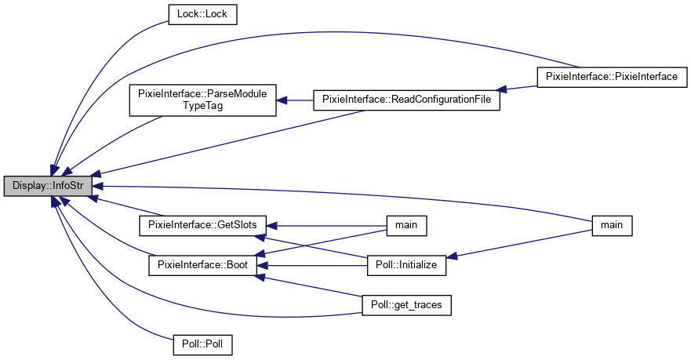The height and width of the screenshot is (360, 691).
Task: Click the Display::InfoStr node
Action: [48, 187]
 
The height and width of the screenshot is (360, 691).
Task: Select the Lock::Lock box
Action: [202, 13]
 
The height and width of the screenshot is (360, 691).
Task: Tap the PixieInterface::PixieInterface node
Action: [612, 76]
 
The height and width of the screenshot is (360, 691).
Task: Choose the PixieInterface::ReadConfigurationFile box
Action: [406, 100]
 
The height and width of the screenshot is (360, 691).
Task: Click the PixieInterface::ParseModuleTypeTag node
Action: [202, 100]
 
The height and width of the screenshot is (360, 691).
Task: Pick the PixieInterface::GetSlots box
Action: [202, 225]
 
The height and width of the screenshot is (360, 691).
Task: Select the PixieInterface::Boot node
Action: [202, 265]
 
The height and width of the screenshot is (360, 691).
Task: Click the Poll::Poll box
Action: [202, 344]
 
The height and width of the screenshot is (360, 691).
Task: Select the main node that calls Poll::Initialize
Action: [612, 225]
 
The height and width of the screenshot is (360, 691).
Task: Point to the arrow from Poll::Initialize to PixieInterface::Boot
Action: [314, 265]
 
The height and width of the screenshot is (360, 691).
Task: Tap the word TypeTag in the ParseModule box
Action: [202, 105]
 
